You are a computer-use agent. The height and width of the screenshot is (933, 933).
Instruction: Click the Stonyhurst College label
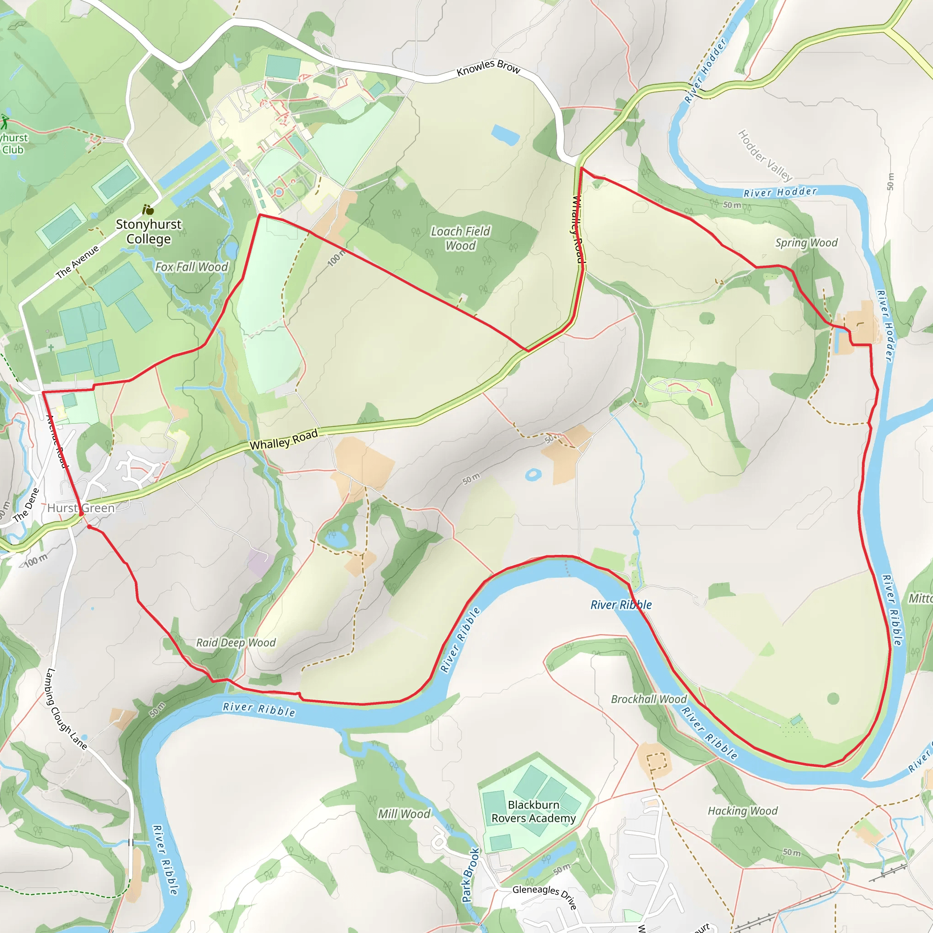[148, 231]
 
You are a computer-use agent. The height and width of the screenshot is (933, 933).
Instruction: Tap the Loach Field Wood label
[460, 239]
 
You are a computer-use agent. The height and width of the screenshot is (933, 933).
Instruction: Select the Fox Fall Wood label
[191, 267]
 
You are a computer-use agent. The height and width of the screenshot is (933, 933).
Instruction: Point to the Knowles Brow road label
[488, 67]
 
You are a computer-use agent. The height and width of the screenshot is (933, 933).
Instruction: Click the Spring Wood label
[806, 243]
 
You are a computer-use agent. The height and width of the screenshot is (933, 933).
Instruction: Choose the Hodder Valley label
[765, 155]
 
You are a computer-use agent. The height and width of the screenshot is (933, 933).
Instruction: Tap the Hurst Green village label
[81, 508]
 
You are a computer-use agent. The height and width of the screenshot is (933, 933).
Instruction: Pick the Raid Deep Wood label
[236, 643]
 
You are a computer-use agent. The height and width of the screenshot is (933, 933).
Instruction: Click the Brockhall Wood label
[649, 699]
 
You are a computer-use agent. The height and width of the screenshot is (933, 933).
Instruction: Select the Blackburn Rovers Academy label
[533, 811]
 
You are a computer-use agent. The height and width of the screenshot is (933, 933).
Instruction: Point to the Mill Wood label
[404, 814]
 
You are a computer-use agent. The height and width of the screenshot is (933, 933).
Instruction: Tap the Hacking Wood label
[743, 811]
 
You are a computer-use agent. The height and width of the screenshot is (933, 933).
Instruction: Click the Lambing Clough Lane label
[66, 709]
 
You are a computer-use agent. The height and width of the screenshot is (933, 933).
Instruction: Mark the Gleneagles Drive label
[544, 897]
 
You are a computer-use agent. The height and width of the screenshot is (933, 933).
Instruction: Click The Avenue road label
[77, 262]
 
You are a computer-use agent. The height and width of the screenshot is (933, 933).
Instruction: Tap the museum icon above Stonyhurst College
[148, 210]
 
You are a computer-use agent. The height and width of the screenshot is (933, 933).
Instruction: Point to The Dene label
[26, 505]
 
